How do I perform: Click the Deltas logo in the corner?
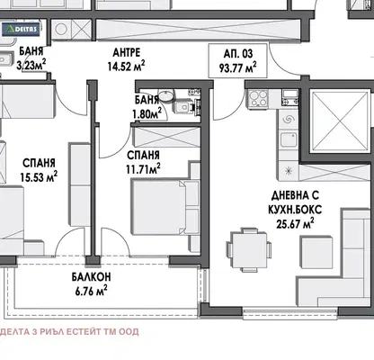(x=21, y=29)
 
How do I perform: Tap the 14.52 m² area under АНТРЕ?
(x=126, y=67)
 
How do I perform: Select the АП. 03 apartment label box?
(x=237, y=60)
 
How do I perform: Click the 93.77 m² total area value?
(x=237, y=67)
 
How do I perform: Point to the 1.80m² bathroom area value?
(x=147, y=113)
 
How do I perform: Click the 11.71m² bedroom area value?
(x=143, y=169)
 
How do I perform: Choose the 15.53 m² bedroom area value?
(x=39, y=176)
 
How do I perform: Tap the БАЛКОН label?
(x=91, y=276)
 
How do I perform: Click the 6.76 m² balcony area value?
(x=91, y=291)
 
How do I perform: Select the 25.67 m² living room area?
(x=295, y=224)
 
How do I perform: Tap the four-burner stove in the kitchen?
(x=258, y=98)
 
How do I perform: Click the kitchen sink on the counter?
(x=289, y=139)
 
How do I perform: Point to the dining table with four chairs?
(x=249, y=250)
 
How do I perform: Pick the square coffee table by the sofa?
(x=316, y=252)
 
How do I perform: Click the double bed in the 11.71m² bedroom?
(x=165, y=206)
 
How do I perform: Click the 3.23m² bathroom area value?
(x=31, y=65)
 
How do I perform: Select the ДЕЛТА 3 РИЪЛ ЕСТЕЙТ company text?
(x=69, y=332)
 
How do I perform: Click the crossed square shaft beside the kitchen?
(x=341, y=121)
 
